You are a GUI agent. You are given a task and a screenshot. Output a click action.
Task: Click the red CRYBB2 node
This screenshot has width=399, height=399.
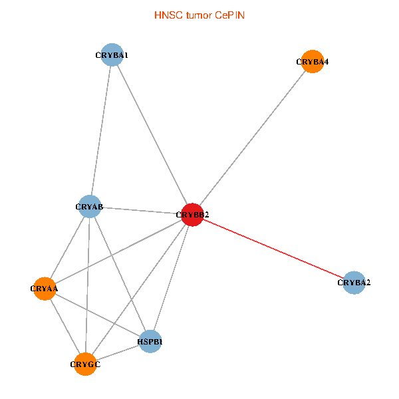[192, 215]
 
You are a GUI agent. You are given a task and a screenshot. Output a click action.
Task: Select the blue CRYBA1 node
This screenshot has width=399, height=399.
[112, 55]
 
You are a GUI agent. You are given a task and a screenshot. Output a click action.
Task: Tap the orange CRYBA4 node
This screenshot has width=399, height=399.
[313, 62]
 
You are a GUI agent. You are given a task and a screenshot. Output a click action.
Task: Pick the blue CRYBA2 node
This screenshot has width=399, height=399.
[354, 283]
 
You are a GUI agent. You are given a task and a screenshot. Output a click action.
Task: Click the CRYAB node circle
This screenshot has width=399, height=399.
[89, 206]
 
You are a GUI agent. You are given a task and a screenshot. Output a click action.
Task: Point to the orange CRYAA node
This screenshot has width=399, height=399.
[45, 289]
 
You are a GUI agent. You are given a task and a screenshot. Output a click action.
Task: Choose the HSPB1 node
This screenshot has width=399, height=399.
[150, 342]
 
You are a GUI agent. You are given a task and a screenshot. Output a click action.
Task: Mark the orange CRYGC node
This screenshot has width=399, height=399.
[85, 364]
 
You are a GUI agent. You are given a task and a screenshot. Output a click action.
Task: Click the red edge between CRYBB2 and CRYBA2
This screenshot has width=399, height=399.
[273, 249]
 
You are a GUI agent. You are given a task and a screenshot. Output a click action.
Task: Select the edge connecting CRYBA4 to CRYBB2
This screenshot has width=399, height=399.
[253, 138]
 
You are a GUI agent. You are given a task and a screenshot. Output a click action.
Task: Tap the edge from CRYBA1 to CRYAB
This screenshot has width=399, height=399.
[101, 130]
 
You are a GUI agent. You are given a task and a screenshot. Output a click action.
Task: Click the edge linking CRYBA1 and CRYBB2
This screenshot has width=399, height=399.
[152, 134]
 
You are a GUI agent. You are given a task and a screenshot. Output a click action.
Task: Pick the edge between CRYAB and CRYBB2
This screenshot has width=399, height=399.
[141, 210]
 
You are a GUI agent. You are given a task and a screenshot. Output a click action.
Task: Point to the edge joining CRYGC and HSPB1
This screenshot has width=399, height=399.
[118, 352]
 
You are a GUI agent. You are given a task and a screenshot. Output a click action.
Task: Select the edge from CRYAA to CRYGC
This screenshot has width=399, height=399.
[65, 327]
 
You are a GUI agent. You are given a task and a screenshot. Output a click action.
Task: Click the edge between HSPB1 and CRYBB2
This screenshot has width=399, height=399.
[172, 278]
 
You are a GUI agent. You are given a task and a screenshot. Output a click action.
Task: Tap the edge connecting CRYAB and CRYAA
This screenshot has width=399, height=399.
[67, 247]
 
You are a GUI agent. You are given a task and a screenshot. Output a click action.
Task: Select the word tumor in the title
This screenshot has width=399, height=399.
[199, 15]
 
